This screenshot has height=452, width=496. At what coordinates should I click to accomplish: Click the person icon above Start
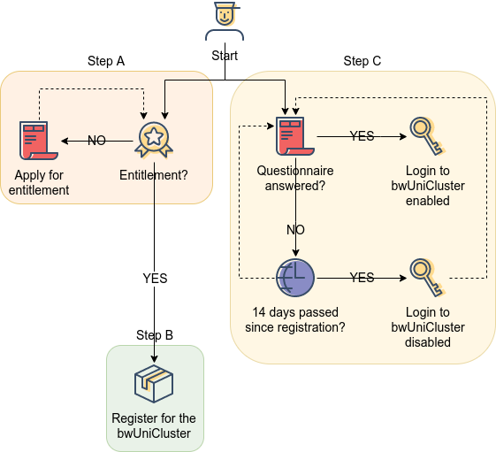click(225, 21)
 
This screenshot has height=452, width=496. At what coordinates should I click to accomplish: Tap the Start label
click(225, 56)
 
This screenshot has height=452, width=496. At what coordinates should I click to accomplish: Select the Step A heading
click(106, 61)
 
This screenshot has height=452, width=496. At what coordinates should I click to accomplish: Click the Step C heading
click(362, 61)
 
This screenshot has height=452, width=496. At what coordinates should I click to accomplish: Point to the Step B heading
click(155, 335)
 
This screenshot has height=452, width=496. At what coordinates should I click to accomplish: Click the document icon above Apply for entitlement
click(39, 141)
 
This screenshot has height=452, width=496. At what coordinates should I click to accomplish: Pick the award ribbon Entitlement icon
click(154, 140)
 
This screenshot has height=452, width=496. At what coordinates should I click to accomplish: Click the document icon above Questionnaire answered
click(295, 136)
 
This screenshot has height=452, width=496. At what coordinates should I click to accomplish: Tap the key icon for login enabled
click(428, 136)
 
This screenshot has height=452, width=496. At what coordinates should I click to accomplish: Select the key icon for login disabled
click(428, 278)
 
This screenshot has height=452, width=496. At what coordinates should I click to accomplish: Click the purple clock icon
click(295, 278)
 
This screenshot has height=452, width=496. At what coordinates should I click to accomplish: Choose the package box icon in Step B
click(154, 384)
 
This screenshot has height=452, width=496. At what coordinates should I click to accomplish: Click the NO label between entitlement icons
click(96, 141)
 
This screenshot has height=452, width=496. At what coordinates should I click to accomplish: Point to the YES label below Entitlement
click(155, 279)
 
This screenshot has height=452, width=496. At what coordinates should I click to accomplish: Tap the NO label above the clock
click(295, 230)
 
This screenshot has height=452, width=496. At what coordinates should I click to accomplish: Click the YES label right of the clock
click(362, 278)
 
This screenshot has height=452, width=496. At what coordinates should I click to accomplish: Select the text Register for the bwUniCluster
click(154, 425)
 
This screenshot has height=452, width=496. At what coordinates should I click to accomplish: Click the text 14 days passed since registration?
click(295, 319)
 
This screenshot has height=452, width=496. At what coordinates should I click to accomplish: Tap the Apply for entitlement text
click(39, 182)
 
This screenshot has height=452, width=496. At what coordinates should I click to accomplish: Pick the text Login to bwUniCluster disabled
click(428, 327)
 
